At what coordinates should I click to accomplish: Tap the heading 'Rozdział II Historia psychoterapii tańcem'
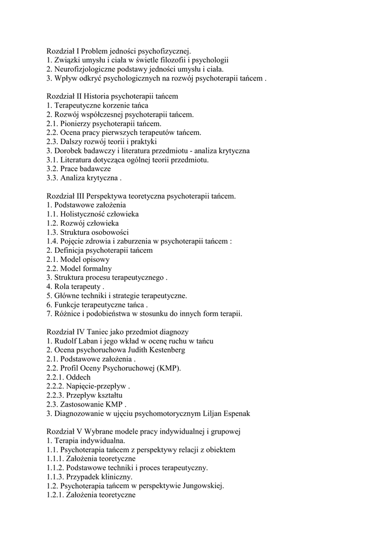coord(112,96)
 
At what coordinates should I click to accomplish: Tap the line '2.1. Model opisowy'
coord(78,259)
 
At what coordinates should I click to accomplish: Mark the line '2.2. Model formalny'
coord(79,268)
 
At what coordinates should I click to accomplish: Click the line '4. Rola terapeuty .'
coord(76,286)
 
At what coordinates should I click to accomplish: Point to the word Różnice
coord(67,314)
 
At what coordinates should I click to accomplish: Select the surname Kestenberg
coord(164,350)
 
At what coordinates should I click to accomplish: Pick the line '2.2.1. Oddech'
coord(69,377)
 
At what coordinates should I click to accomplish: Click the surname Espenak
coord(233,413)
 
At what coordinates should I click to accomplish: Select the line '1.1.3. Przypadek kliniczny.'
coord(90,477)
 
